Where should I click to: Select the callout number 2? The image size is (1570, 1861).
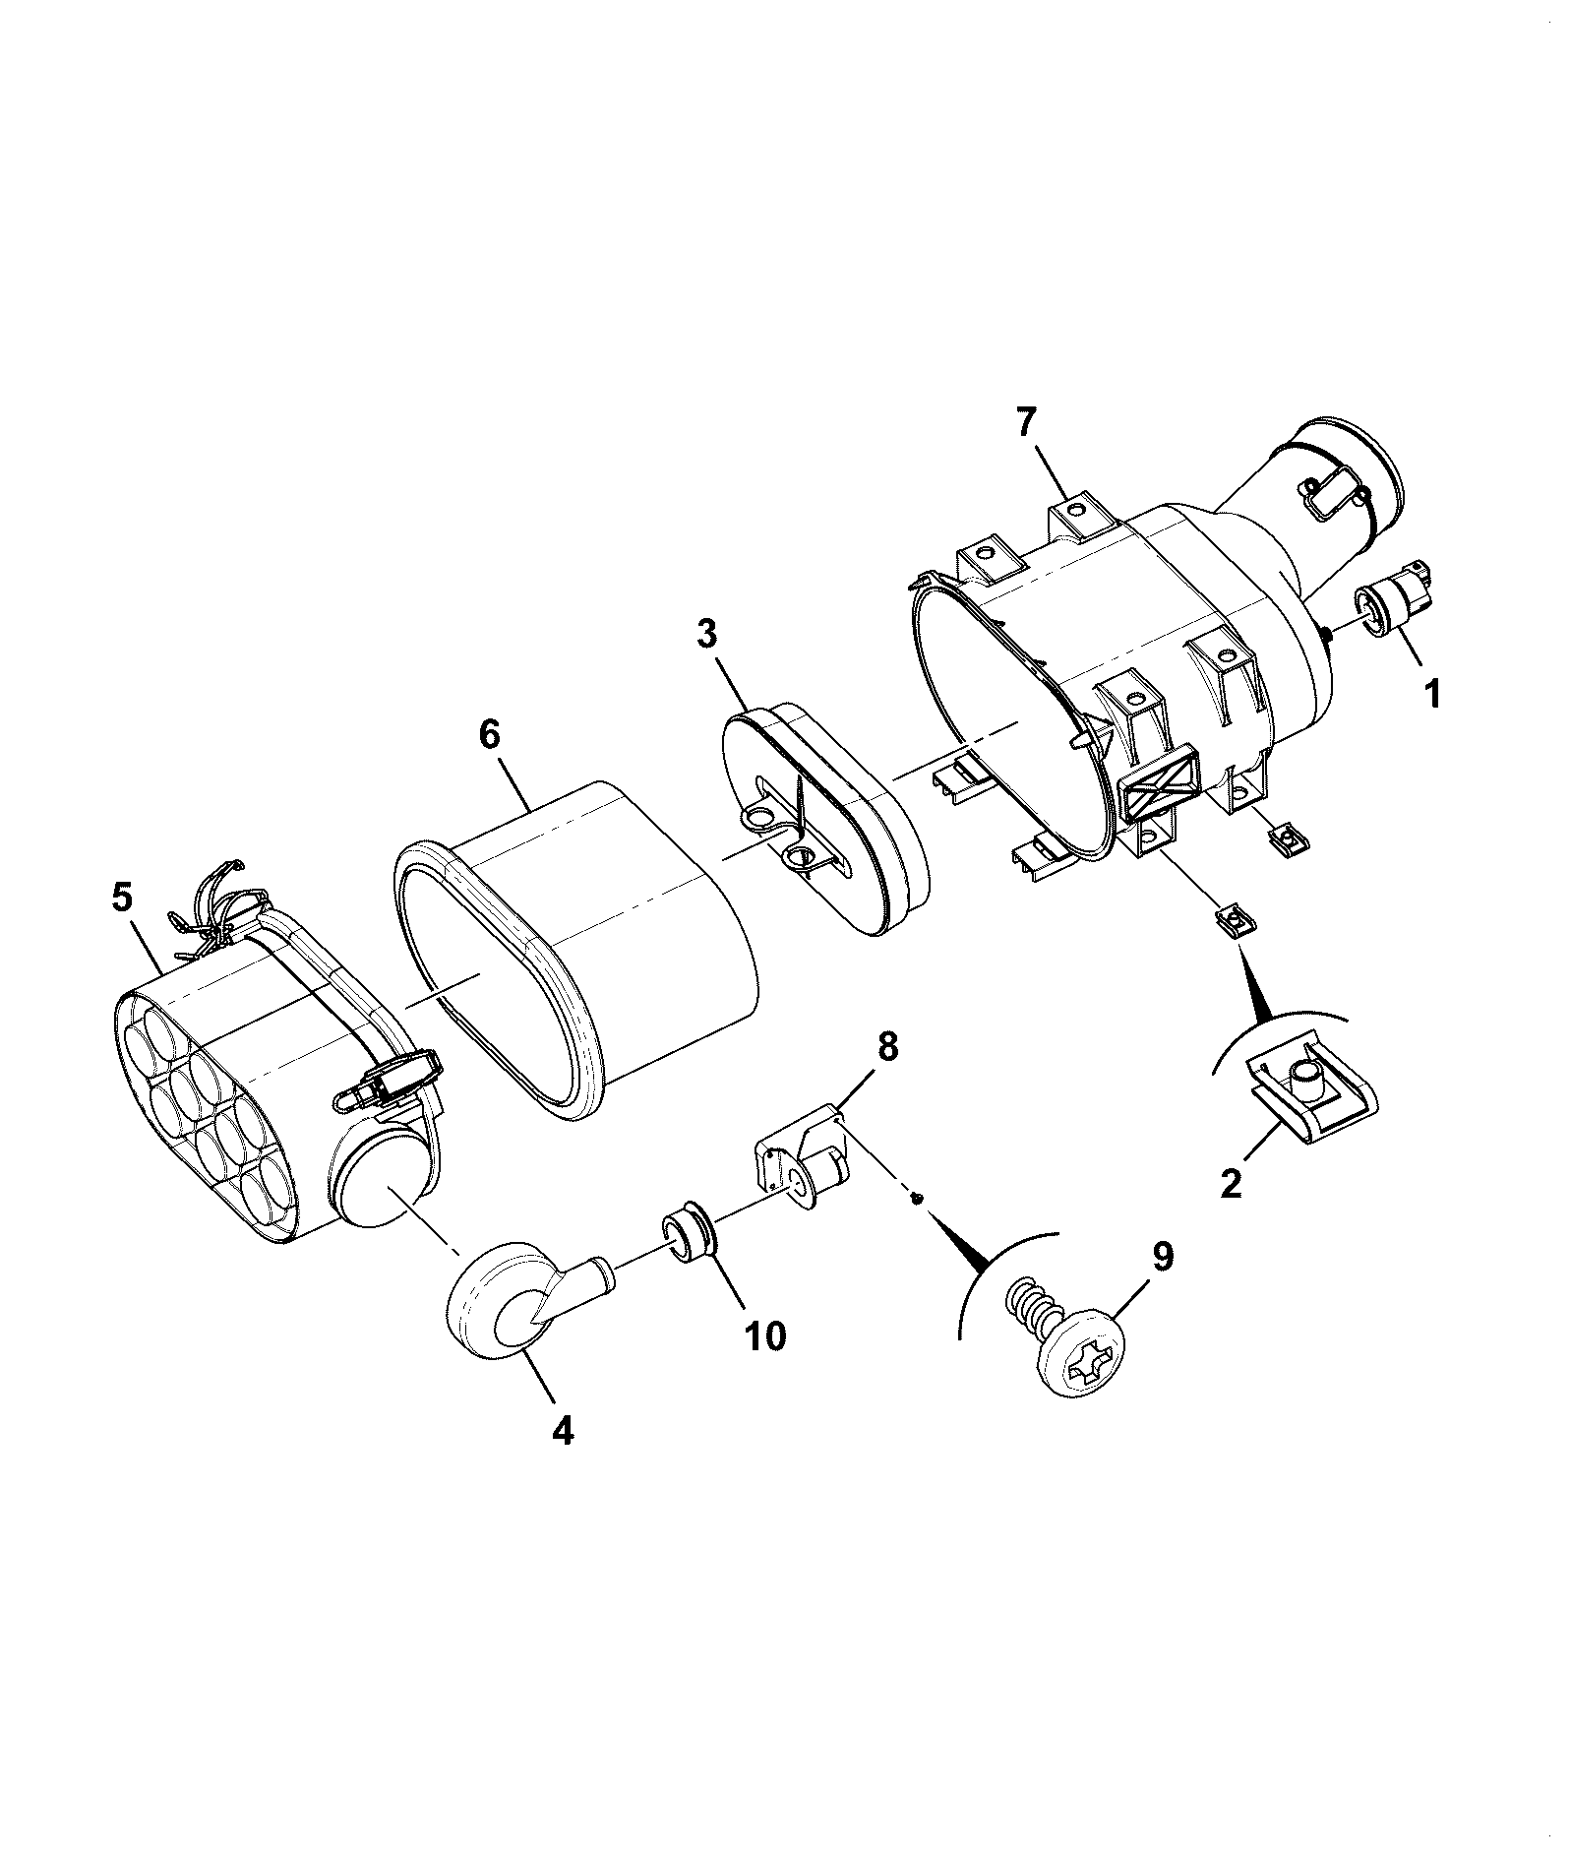[1232, 1180]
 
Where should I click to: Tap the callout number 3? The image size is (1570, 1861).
[706, 634]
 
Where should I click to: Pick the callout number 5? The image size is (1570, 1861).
[121, 897]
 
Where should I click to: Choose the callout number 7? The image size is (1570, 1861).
[1025, 422]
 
